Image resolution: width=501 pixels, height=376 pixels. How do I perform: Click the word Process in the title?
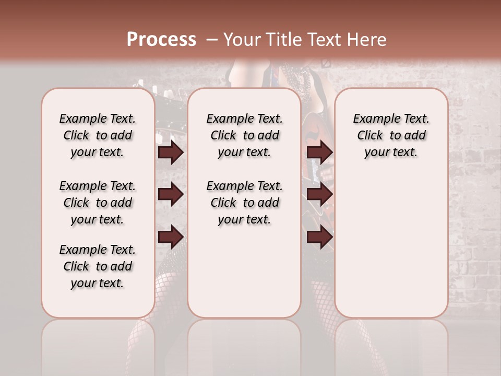pyautogui.click(x=161, y=40)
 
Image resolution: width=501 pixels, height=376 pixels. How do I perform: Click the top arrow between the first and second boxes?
pyautogui.click(x=170, y=152)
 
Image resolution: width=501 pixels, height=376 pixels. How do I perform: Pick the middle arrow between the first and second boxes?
pyautogui.click(x=170, y=194)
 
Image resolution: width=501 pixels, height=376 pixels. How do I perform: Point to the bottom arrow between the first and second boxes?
pyautogui.click(x=170, y=236)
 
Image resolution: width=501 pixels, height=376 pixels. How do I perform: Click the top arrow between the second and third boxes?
pyautogui.click(x=319, y=152)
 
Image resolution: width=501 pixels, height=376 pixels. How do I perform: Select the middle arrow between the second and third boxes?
pyautogui.click(x=319, y=194)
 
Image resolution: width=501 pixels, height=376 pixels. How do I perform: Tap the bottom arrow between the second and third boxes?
pyautogui.click(x=319, y=237)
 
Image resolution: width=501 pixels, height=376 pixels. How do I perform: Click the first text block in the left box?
pyautogui.click(x=98, y=135)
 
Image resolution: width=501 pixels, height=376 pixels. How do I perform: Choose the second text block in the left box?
pyautogui.click(x=98, y=203)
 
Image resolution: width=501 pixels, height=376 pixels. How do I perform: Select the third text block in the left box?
pyautogui.click(x=98, y=266)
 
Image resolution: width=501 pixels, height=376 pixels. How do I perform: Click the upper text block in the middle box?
pyautogui.click(x=244, y=135)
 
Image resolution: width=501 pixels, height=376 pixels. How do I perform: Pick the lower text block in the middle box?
pyautogui.click(x=244, y=203)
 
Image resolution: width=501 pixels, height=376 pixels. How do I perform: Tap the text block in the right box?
pyautogui.click(x=391, y=135)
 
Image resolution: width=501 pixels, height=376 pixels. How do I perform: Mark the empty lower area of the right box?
pyautogui.click(x=391, y=240)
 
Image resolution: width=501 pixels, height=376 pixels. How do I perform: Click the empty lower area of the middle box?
pyautogui.click(x=244, y=272)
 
